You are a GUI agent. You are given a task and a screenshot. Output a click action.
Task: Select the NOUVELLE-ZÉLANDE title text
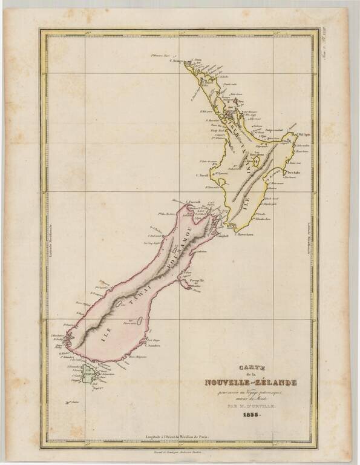tap(250, 382)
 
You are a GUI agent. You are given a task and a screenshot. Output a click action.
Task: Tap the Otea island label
tap(240, 101)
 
